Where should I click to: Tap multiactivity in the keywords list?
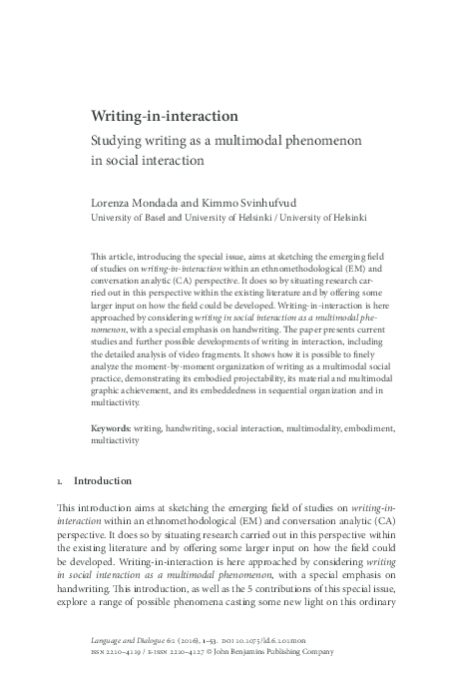[113, 439]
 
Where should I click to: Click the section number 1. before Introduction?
[62, 480]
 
